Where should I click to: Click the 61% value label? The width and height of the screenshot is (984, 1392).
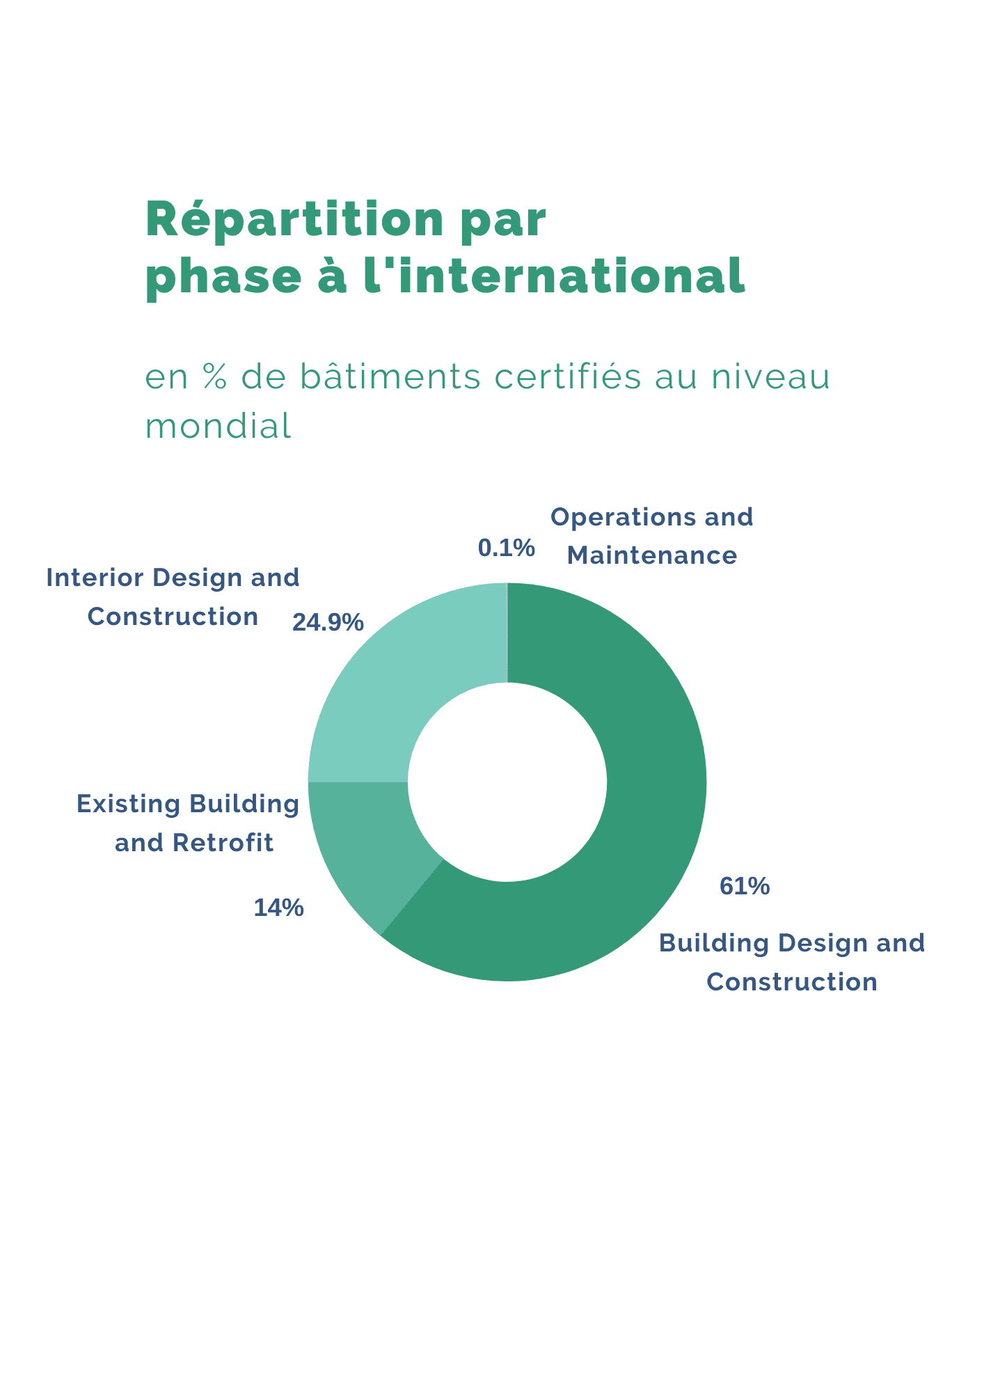[745, 886]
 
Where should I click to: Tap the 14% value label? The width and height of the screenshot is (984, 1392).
[278, 908]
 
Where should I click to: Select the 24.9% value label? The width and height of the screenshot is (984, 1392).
[328, 622]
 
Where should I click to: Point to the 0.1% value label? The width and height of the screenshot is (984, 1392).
[506, 548]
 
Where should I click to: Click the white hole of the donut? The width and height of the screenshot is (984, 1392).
[507, 782]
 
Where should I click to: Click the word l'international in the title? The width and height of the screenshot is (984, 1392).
[555, 276]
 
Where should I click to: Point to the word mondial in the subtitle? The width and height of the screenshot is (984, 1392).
[218, 426]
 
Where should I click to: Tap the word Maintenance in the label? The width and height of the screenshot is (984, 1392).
[651, 555]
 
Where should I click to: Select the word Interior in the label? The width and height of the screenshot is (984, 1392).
[95, 578]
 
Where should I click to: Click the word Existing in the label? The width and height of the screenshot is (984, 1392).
[129, 805]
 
